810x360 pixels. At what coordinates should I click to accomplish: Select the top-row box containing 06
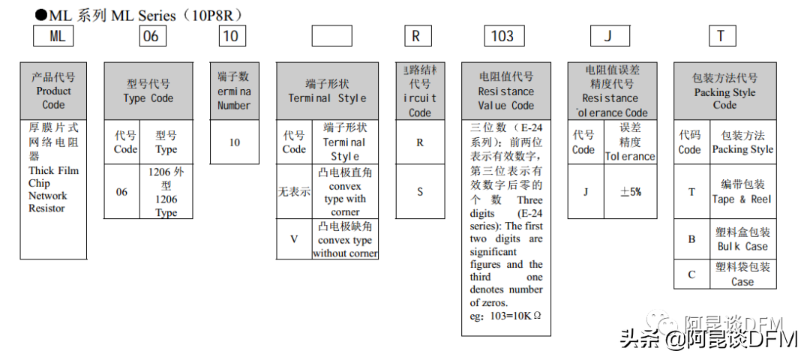click(152, 36)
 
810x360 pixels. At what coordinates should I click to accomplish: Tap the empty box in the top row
click(331, 36)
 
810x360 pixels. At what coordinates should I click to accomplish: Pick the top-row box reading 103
click(502, 36)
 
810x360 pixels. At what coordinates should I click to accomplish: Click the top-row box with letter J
click(610, 36)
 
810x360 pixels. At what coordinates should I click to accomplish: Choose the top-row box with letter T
click(721, 36)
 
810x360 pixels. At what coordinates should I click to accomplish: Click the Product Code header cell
click(53, 91)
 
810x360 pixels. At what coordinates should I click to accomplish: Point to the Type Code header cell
click(148, 91)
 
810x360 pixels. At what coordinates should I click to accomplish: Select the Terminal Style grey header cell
click(327, 91)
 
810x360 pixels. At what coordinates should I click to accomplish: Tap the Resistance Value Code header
click(506, 91)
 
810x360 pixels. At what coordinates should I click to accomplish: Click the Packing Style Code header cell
click(724, 91)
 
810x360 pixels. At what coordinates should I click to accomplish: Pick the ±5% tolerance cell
click(630, 191)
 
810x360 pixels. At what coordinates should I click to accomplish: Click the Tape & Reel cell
click(742, 191)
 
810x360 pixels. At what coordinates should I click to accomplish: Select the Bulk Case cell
click(742, 239)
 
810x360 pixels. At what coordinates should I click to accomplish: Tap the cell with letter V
click(294, 239)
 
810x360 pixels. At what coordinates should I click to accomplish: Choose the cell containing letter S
click(420, 191)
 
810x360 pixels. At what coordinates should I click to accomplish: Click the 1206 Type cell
click(166, 191)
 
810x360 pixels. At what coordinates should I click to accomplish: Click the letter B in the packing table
click(691, 239)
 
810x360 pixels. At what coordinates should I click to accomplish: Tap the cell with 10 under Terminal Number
click(234, 142)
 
